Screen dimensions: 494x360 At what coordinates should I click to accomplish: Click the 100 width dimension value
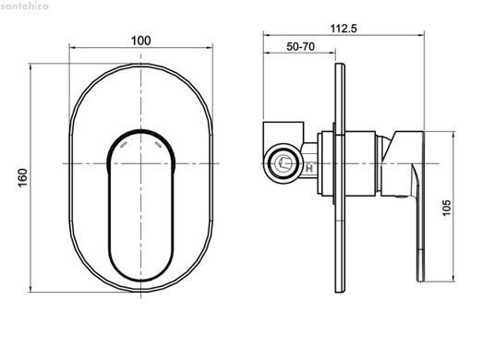(x=141, y=41)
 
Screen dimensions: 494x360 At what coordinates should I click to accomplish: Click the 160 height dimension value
(x=23, y=177)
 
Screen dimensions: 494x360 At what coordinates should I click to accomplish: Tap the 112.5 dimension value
(x=343, y=29)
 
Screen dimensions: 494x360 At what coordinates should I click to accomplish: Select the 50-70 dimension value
(x=301, y=46)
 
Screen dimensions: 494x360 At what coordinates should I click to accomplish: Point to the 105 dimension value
(x=447, y=208)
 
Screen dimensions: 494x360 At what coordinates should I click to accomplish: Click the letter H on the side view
(x=309, y=168)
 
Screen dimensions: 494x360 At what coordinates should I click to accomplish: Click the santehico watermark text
(x=24, y=6)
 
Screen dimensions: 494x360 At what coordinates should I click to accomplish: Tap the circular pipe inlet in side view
(x=283, y=162)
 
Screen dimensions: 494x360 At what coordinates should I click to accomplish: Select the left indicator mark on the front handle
(x=124, y=144)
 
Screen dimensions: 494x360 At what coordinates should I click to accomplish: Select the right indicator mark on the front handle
(x=158, y=144)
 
